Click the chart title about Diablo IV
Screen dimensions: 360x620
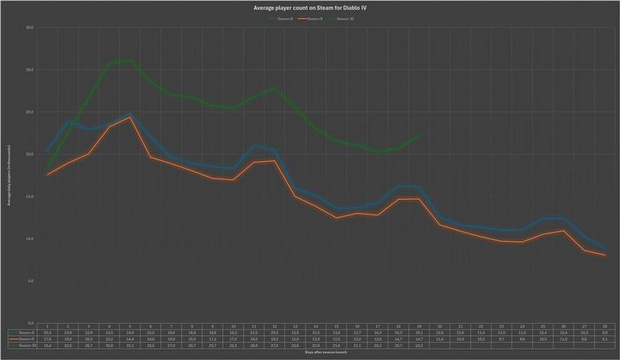(x=310, y=7)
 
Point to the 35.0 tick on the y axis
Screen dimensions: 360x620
(x=29, y=27)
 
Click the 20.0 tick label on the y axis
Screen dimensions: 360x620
(x=29, y=154)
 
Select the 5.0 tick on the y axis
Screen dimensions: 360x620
(x=29, y=281)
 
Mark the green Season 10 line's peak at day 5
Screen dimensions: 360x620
(x=130, y=60)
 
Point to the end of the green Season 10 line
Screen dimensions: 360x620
(x=419, y=135)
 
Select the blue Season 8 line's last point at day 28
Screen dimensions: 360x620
(x=605, y=248)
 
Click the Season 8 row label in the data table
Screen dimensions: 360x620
(x=23, y=332)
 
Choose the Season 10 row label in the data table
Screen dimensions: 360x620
(x=23, y=344)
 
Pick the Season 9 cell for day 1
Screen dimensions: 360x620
(x=48, y=338)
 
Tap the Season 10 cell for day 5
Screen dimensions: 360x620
(x=130, y=344)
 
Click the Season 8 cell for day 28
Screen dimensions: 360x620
(x=605, y=332)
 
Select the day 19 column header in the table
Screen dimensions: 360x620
(x=419, y=326)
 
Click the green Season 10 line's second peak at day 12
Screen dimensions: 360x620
(x=275, y=89)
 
